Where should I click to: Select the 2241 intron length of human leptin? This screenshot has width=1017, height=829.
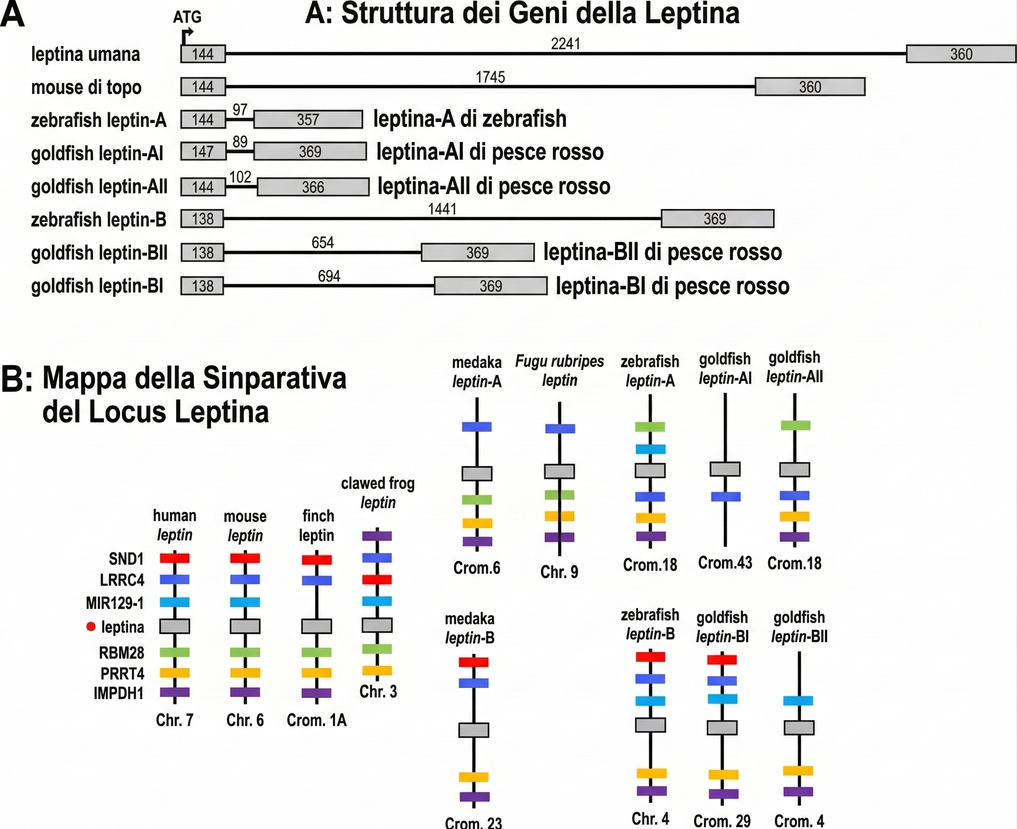click(x=565, y=44)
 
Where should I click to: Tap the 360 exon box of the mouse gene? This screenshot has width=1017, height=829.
click(x=810, y=87)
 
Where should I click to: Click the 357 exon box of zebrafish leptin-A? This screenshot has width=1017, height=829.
click(x=307, y=119)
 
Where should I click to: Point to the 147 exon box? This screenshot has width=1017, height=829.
click(x=202, y=152)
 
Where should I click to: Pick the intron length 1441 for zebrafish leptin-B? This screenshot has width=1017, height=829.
click(x=442, y=209)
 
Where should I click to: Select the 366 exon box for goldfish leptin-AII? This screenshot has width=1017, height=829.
click(x=313, y=187)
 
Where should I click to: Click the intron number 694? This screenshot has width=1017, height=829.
click(x=329, y=276)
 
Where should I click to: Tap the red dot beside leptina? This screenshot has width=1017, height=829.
click(x=91, y=627)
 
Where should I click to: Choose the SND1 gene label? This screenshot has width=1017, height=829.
click(x=126, y=558)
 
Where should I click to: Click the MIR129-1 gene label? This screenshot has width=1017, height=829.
click(x=115, y=603)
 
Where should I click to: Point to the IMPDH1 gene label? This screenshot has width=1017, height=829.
click(x=118, y=693)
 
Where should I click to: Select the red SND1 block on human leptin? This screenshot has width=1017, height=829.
click(x=174, y=558)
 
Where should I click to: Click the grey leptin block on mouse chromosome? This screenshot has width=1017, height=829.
click(x=245, y=626)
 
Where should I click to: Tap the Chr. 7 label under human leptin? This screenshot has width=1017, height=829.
click(x=174, y=720)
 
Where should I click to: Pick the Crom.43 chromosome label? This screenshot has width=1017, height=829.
click(x=725, y=563)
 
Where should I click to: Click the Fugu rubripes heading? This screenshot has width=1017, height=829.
click(x=559, y=361)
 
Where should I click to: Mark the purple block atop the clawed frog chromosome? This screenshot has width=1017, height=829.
click(x=377, y=536)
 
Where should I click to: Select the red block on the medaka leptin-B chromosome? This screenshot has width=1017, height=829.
click(x=473, y=662)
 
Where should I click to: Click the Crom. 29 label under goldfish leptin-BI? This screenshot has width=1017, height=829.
click(x=722, y=821)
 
